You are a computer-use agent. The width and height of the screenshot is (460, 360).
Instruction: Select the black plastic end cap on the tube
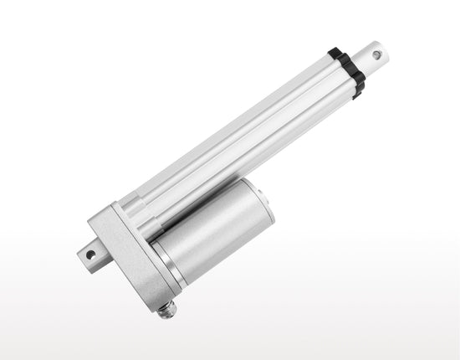pos(347,70)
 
